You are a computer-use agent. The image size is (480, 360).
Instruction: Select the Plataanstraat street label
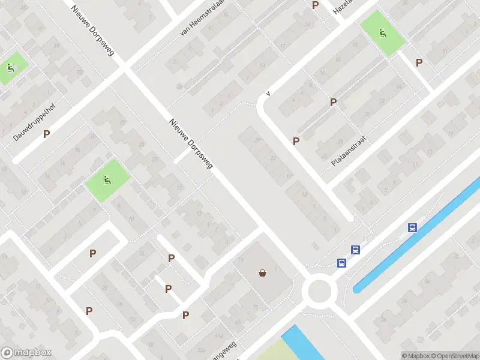tap(349, 151)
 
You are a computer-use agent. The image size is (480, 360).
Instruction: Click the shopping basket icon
tap(263, 274)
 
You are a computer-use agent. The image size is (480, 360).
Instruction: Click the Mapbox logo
tap(26, 353)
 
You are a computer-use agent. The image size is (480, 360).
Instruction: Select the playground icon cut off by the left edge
tap(10, 67)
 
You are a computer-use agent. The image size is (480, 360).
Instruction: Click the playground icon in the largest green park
tap(107, 179)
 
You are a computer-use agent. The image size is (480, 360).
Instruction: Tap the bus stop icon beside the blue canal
tap(412, 227)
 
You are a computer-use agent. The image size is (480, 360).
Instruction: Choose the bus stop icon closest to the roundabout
tap(341, 263)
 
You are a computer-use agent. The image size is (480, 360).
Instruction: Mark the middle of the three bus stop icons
tap(355, 251)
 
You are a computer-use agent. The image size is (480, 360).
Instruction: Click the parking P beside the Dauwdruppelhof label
tap(46, 134)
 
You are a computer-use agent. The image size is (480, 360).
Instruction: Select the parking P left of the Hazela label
tap(315, 5)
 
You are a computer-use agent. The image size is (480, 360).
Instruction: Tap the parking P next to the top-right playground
tap(419, 62)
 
